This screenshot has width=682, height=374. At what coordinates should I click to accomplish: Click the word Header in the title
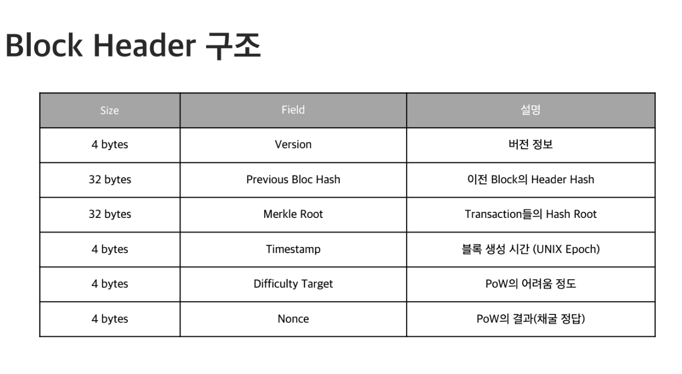tap(144, 45)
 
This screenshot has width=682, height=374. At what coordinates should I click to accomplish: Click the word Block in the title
tap(44, 45)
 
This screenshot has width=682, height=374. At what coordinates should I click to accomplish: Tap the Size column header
tap(110, 110)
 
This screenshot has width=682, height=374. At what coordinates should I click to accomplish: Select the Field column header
tap(293, 110)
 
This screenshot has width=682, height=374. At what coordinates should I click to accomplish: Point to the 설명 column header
tap(530, 110)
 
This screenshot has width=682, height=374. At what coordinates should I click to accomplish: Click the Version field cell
tap(293, 144)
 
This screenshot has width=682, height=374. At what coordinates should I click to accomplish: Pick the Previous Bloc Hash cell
tap(293, 180)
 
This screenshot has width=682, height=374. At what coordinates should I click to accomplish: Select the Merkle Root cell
tap(293, 214)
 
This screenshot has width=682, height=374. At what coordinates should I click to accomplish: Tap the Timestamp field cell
tap(293, 249)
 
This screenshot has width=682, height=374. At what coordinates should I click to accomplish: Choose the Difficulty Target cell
tap(293, 284)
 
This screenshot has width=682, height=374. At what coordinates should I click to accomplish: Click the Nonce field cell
tap(293, 319)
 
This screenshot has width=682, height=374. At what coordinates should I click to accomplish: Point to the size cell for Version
tap(110, 144)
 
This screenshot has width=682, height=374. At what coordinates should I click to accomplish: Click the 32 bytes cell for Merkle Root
tap(110, 214)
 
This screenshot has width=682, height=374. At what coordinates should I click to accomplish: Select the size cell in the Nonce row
tap(110, 319)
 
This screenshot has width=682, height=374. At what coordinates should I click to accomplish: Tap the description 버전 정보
tap(530, 144)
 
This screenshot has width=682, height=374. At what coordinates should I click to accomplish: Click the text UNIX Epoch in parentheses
tap(566, 249)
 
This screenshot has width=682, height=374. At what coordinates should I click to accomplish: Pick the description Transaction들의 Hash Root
tap(530, 214)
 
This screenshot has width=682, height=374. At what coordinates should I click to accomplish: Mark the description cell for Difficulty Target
tap(530, 284)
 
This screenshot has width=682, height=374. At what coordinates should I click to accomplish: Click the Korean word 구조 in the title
tap(233, 46)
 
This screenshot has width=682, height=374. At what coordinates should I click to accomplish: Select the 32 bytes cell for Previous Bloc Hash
tap(110, 180)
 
